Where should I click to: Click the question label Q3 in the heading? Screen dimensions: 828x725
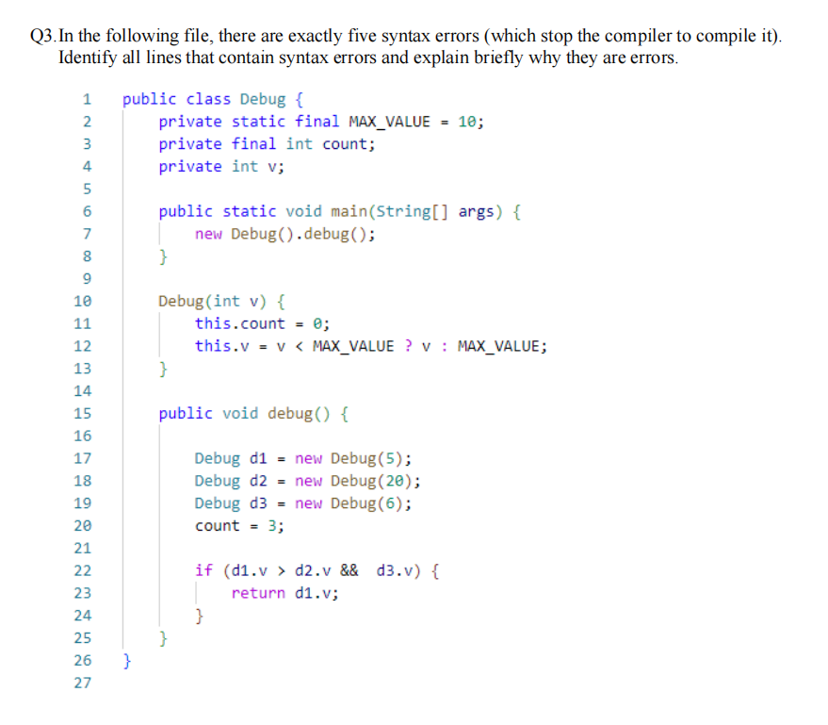(42, 36)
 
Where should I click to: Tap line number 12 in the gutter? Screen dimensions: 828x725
(83, 346)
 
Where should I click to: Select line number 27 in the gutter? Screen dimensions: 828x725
(83, 684)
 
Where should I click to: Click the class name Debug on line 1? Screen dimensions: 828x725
(263, 99)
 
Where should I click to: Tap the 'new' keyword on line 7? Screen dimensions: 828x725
(208, 234)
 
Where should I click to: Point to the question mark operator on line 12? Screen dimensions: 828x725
(408, 346)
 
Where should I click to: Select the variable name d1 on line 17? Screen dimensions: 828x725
(258, 459)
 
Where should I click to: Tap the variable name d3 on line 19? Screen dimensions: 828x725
(258, 503)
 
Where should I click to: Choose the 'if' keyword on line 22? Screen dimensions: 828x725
(203, 571)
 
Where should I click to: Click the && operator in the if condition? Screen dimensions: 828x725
(349, 571)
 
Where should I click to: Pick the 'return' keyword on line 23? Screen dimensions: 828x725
(258, 594)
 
